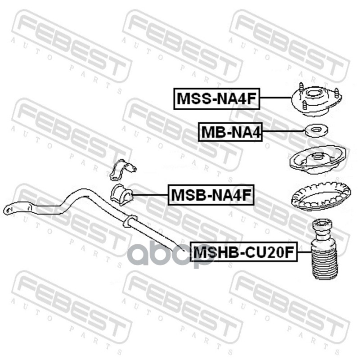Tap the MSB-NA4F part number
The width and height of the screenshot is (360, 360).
211,195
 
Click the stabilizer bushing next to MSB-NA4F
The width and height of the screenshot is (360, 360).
121,194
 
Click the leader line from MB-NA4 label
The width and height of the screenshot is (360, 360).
283,131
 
